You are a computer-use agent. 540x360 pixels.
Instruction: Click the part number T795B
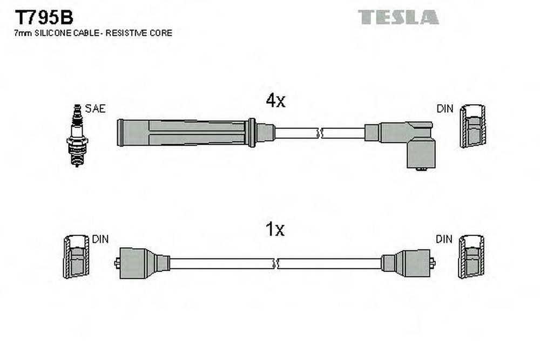pos(44,17)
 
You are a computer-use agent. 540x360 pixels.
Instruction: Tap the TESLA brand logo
pos(398,17)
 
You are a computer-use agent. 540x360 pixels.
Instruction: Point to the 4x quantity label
pos(275,100)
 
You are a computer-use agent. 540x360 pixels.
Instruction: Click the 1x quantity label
pos(275,229)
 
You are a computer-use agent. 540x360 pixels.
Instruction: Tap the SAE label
pos(95,109)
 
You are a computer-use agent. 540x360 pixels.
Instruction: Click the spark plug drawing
pos(77,135)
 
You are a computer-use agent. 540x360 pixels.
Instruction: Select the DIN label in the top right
pos(445,109)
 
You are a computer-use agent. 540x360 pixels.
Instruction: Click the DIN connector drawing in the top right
pos(473,126)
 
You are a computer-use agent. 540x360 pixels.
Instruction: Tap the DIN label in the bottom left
pos(100,239)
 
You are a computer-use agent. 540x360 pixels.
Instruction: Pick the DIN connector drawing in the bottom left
pos(76,257)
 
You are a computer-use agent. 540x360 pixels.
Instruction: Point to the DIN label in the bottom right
pos(444,239)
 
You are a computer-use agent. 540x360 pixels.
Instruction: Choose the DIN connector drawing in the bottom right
pos(471,257)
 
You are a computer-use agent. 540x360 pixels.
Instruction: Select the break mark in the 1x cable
pos(275,263)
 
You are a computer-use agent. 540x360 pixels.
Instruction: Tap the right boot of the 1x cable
pos(408,263)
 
